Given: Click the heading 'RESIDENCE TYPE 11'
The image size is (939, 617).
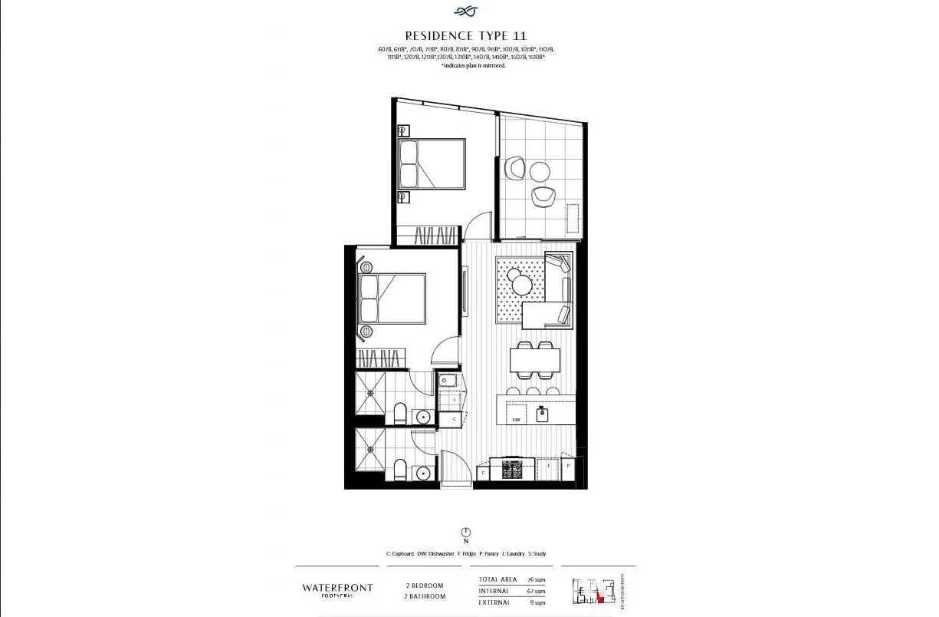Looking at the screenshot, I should (x=465, y=35).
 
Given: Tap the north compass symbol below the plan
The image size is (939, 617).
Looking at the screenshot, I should (x=465, y=533).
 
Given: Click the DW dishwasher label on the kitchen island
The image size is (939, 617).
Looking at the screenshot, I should (x=517, y=420).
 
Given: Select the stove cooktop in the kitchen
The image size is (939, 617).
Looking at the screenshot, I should (x=512, y=468).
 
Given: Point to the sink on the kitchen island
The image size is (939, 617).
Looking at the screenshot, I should (x=542, y=414).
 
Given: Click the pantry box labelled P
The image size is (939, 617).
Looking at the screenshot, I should (x=568, y=466).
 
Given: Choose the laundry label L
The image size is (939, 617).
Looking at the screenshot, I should (x=455, y=400).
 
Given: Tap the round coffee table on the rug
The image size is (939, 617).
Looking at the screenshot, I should (x=522, y=285).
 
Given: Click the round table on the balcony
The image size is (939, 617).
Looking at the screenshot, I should (x=540, y=170).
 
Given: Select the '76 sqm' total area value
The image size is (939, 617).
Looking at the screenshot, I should (x=536, y=580).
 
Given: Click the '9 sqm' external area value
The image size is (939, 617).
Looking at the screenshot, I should (x=537, y=602).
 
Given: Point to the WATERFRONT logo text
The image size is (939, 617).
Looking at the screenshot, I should (x=337, y=588).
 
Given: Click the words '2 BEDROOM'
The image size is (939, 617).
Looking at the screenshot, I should (x=425, y=586).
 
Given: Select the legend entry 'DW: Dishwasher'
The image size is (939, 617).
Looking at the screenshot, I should (x=435, y=553).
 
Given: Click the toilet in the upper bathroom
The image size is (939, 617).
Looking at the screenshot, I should (x=399, y=415).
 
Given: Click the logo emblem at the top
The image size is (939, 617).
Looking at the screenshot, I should (x=465, y=11).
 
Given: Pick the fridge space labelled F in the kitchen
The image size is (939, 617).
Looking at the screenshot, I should (x=548, y=467).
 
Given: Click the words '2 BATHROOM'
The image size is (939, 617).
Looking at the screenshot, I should (x=425, y=596).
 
